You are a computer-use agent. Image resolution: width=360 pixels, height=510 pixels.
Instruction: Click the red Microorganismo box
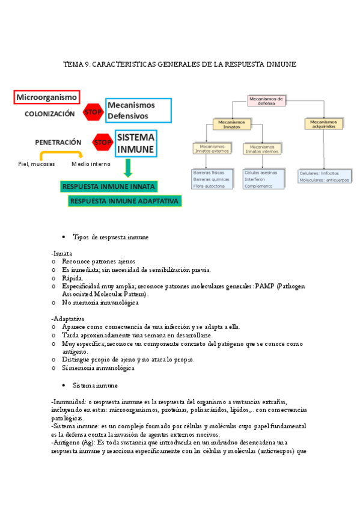[47, 97]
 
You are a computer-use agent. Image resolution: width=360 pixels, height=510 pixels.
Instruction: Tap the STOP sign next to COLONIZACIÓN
[94, 112]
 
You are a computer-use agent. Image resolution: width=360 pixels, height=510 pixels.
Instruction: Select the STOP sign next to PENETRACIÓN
[103, 143]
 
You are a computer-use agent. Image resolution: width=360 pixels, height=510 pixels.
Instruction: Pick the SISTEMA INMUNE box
[136, 143]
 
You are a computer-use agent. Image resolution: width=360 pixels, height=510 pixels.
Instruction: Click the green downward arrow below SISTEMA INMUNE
[127, 168]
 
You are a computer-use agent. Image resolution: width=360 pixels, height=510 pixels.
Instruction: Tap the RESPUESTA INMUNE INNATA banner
[109, 186]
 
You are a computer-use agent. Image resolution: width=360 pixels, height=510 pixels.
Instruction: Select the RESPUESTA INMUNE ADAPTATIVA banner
[125, 201]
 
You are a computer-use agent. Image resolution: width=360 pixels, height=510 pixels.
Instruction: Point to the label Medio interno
[91, 164]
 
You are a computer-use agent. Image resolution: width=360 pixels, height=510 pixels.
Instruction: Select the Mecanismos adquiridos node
[324, 124]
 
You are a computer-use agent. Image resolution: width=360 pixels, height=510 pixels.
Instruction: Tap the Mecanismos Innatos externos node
[210, 149]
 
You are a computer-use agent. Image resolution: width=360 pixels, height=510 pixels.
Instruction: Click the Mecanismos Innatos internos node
[261, 149]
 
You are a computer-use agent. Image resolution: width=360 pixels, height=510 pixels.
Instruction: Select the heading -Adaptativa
[68, 318]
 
